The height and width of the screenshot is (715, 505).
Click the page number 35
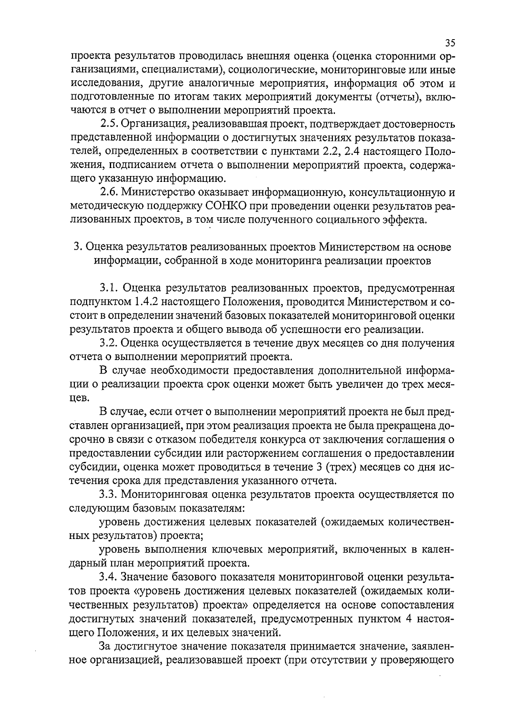[x=449, y=43]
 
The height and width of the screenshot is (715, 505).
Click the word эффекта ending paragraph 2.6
[x=404, y=220]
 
